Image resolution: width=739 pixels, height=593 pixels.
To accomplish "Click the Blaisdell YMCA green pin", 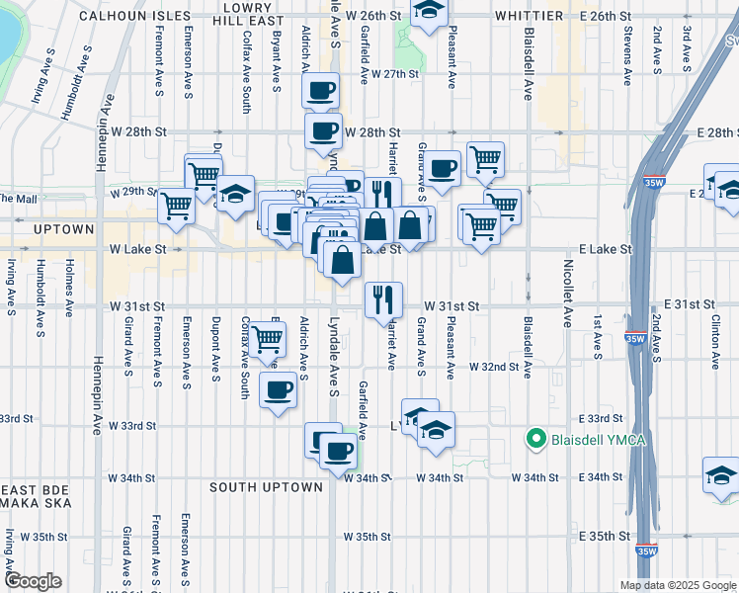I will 537,438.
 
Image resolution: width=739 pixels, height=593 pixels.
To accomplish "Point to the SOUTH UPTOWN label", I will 266,487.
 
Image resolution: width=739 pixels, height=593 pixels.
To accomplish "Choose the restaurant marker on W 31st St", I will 382,298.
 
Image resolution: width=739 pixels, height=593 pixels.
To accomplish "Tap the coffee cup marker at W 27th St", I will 320,92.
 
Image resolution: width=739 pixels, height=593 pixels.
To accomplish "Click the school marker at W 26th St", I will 428,11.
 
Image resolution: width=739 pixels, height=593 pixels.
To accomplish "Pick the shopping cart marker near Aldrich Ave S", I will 267,339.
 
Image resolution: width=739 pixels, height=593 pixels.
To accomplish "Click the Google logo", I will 35,581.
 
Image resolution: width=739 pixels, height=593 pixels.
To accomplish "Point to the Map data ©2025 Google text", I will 677,585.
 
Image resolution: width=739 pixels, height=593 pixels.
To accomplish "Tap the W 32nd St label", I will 494,367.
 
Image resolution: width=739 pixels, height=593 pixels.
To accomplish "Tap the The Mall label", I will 14,198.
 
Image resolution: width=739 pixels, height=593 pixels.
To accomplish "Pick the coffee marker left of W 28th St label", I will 322,131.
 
